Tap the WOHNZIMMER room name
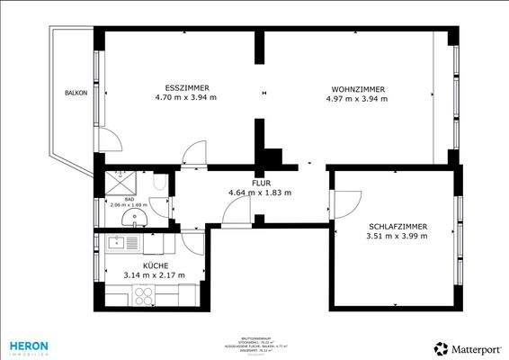point(358,89)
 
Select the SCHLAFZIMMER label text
point(397,226)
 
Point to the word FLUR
point(261,182)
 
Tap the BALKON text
point(76,94)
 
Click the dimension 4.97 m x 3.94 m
point(358,99)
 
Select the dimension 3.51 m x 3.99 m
point(397,237)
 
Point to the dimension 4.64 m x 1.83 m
point(261,192)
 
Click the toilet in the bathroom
point(157,184)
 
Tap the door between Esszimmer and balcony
point(108,139)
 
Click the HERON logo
point(29,346)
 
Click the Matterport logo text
point(473,348)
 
